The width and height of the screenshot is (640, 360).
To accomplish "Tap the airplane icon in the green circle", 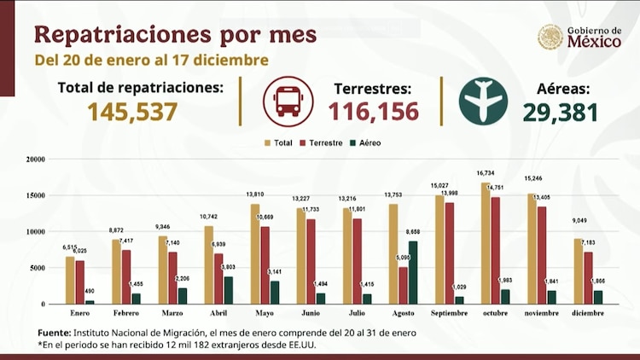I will coord(483,102).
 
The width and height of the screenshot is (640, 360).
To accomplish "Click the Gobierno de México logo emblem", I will coord(550,37).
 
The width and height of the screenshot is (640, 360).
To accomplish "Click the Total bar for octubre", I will coord(486,243).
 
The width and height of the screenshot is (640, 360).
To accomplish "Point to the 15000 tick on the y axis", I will coord(35,195).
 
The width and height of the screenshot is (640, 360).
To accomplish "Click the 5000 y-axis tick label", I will coord(38,268).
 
